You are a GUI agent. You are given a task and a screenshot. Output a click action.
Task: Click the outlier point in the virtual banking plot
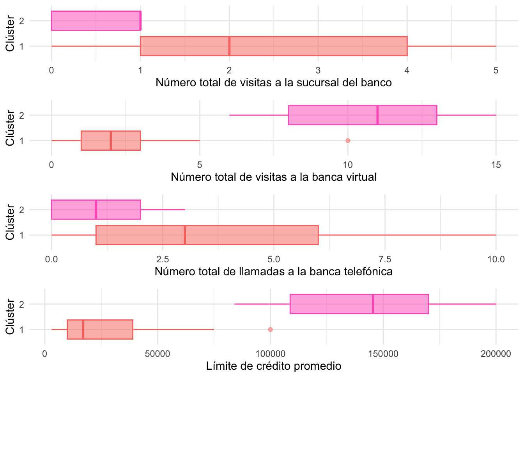348,141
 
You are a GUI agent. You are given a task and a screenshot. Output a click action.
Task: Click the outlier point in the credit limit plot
270,330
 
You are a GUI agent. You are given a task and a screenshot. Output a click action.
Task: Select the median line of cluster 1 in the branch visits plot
229,46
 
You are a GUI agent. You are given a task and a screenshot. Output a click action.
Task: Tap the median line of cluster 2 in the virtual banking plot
377,115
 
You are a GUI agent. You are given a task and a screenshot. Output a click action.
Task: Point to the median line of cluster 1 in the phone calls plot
185,235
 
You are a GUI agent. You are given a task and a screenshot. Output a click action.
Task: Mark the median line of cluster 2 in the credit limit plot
373,304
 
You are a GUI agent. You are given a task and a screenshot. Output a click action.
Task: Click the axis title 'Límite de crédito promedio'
273,366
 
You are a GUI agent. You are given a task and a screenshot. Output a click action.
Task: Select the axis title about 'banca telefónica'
273,271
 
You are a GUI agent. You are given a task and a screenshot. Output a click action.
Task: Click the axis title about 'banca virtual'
273,177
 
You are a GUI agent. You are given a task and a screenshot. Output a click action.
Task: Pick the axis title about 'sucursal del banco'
273,83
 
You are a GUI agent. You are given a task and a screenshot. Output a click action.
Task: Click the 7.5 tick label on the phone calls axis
385,259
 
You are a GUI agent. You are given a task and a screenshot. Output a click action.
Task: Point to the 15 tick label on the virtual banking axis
496,165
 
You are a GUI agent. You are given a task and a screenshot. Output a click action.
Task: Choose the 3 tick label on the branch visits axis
318,70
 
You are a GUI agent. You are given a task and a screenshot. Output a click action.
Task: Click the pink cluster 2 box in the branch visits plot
96,21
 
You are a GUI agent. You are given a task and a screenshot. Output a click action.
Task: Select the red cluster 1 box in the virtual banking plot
96,141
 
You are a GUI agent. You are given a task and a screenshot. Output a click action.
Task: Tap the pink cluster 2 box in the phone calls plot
117,210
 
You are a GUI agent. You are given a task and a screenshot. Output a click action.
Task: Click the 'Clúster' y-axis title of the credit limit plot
11,317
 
